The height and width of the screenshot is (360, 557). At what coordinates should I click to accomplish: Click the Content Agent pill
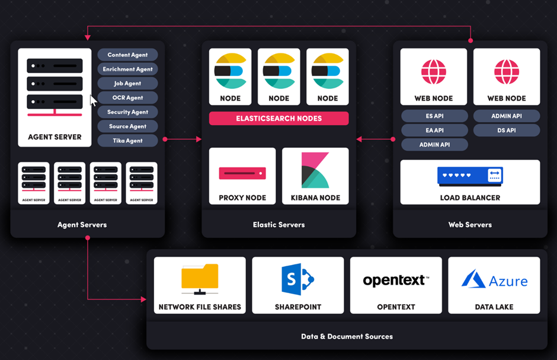click(x=127, y=55)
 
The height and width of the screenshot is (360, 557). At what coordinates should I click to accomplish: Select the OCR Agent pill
click(x=127, y=98)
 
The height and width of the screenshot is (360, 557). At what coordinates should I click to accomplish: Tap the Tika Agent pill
click(x=127, y=141)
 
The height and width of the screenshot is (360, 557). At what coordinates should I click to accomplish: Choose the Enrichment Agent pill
click(x=127, y=69)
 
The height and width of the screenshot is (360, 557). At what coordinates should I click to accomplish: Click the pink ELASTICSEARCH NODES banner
click(x=278, y=118)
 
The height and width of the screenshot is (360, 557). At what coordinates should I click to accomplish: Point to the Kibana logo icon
click(x=315, y=170)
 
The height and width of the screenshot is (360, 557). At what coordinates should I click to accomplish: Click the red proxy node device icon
click(x=242, y=173)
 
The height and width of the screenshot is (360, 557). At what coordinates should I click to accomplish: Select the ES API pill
click(x=434, y=116)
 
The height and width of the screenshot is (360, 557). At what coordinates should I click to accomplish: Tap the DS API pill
click(x=507, y=130)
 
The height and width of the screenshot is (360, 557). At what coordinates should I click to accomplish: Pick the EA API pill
click(x=434, y=130)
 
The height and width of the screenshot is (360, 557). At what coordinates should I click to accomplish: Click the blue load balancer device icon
click(x=470, y=176)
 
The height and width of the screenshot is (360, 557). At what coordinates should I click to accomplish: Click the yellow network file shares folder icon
click(x=200, y=279)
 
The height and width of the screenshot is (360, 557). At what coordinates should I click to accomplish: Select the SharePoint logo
click(x=297, y=279)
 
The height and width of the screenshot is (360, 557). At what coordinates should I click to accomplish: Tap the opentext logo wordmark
click(x=396, y=281)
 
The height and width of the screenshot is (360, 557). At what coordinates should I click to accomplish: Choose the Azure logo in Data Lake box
click(x=494, y=280)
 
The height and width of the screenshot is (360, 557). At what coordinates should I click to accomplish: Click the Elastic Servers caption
click(x=278, y=225)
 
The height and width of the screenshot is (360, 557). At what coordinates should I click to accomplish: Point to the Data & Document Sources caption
click(x=347, y=336)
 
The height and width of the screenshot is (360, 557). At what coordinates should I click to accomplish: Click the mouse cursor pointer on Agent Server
click(x=93, y=100)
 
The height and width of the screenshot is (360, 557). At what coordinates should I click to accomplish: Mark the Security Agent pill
click(x=127, y=112)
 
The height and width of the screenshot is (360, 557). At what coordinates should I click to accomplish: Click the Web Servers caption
click(x=470, y=225)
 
